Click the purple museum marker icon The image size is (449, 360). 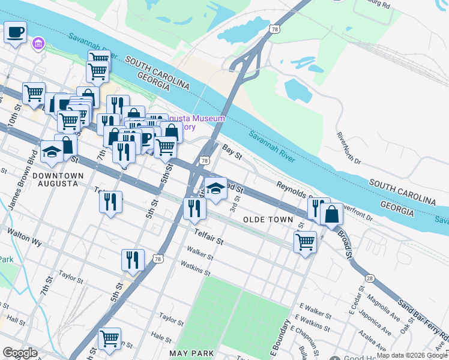point(39,43)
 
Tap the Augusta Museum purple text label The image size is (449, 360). point(195,122)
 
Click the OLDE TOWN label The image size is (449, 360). point(268,220)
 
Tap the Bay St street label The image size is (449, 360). point(231,152)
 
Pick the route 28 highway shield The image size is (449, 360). point(370,278)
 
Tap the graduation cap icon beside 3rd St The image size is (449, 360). point(216,188)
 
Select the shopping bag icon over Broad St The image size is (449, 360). point(331,214)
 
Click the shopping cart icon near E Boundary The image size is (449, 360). point(305,242)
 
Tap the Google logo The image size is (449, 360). point(20,353)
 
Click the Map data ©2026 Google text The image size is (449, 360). point(411,355)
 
